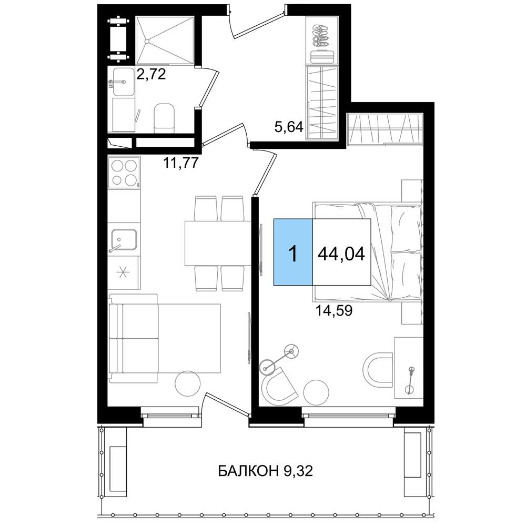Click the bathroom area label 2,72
click(x=151, y=74)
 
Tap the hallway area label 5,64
click(x=289, y=127)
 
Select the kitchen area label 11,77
click(x=181, y=163)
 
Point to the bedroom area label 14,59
click(x=334, y=311)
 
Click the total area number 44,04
click(x=341, y=254)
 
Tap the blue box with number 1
click(x=293, y=252)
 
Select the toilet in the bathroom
click(x=164, y=118)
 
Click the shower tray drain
click(x=147, y=41)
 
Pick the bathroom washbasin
click(x=123, y=82)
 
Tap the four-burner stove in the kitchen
click(x=124, y=173)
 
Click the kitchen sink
click(x=124, y=239)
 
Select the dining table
click(x=218, y=243)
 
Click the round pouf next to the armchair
click(x=316, y=392)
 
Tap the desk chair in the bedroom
click(x=378, y=370)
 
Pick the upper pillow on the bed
click(x=406, y=228)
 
